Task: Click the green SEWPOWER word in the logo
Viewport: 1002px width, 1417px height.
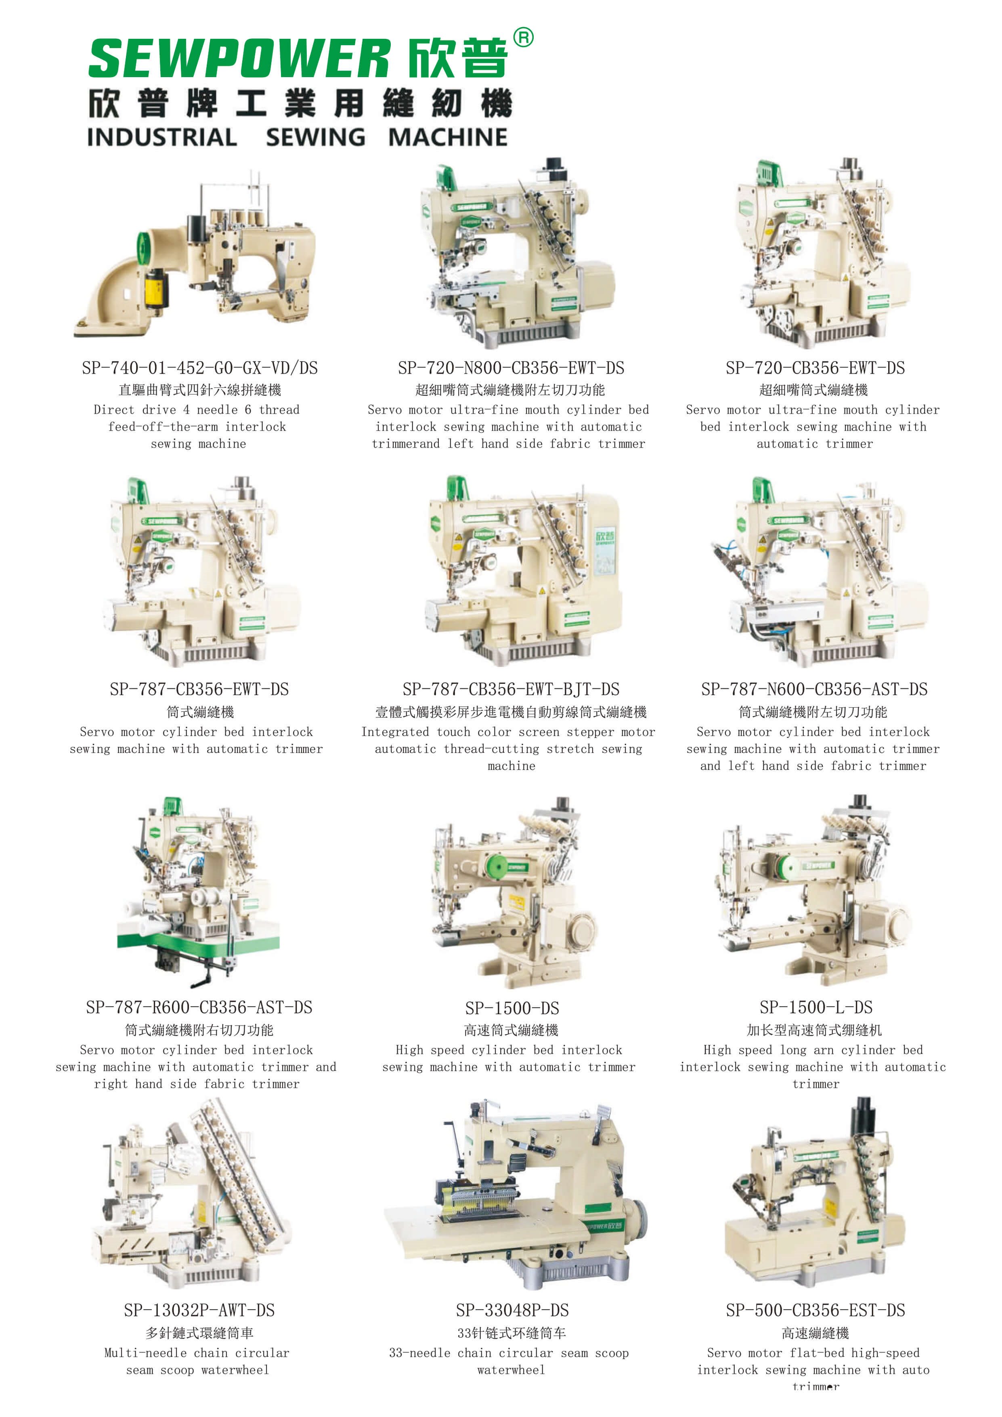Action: tap(239, 58)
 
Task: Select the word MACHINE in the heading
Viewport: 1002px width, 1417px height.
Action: tap(448, 137)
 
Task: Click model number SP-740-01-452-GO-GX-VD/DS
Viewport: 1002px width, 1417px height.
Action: tap(200, 368)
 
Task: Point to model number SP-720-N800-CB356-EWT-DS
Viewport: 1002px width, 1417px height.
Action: tap(511, 368)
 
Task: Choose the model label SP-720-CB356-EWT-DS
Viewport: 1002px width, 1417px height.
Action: tap(815, 368)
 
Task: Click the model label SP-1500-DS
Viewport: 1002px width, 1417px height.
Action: tap(512, 1009)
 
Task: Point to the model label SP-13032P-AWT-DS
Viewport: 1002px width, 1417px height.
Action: tap(199, 1310)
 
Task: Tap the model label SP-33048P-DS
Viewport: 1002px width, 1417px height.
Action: tap(512, 1310)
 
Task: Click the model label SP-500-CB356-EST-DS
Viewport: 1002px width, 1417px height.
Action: tap(815, 1310)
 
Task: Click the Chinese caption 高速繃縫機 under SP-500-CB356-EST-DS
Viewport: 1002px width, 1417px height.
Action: tap(815, 1333)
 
